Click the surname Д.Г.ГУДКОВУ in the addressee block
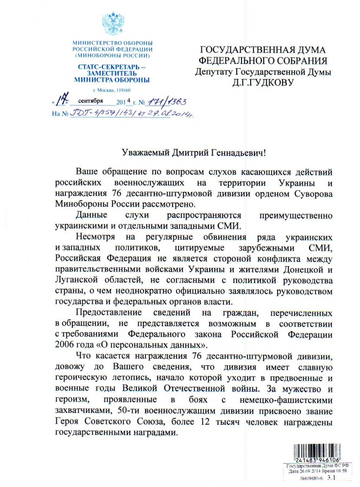click(x=261, y=83)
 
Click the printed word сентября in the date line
click(x=90, y=102)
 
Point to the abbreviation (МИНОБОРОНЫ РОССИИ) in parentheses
click(x=113, y=55)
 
